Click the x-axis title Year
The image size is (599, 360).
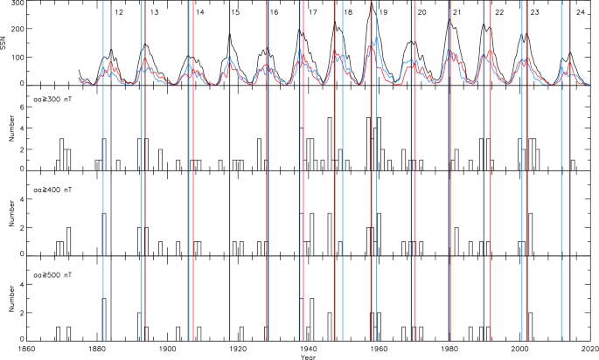click(310, 356)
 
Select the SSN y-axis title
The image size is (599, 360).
click(4, 43)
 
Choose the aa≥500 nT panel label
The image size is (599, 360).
click(51, 273)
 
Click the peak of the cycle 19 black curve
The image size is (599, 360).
click(372, 4)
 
